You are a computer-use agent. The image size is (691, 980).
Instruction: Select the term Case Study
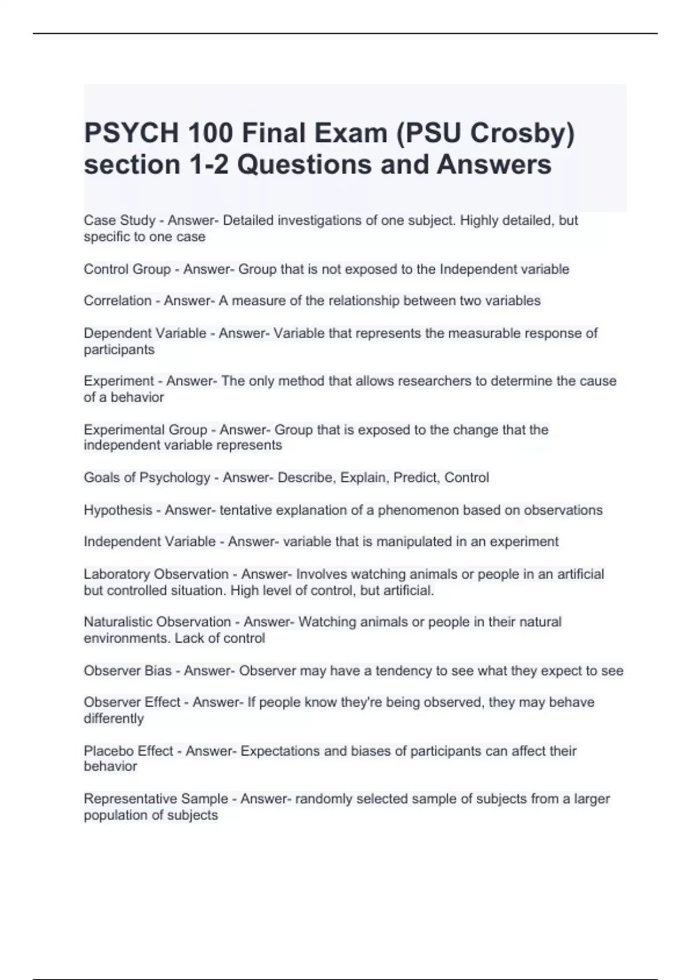click(120, 221)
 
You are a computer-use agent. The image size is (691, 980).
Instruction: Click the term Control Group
click(127, 269)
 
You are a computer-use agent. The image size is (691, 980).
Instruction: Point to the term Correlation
click(117, 301)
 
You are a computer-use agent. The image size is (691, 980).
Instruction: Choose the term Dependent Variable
click(145, 333)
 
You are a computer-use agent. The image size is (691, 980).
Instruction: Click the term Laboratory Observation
click(156, 574)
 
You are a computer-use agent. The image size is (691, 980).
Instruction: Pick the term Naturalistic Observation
click(157, 622)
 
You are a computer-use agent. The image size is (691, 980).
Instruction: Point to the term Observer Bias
click(128, 671)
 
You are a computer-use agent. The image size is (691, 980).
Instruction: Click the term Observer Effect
click(132, 702)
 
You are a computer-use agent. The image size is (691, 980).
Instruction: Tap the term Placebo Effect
click(128, 751)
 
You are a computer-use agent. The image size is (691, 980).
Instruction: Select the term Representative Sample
click(155, 799)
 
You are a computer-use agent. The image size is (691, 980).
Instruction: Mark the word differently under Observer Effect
click(113, 719)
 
